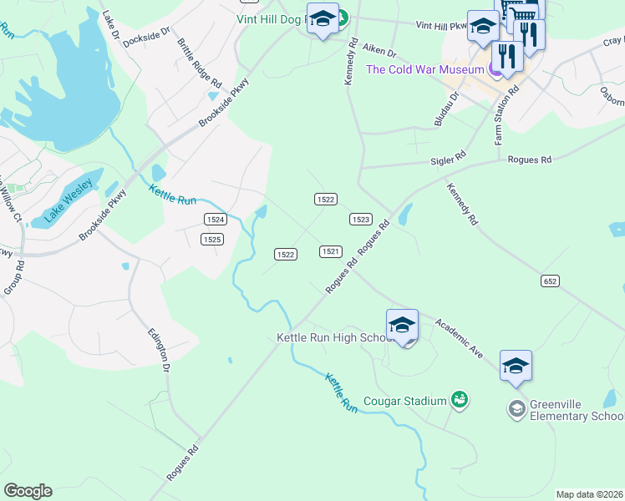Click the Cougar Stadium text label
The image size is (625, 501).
(404, 402)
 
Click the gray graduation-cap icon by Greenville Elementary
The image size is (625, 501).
(516, 409)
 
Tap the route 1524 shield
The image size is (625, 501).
(216, 219)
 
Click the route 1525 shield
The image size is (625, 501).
(212, 239)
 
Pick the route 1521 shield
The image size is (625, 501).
(330, 250)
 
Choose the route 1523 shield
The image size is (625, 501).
(360, 219)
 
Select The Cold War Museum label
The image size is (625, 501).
(424, 69)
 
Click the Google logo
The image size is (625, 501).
(28, 491)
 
